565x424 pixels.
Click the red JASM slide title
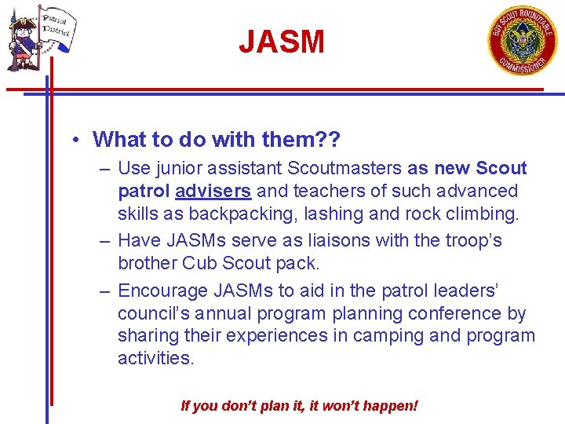(282, 42)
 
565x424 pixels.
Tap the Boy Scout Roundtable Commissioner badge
(522, 41)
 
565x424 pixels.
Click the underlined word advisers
(213, 191)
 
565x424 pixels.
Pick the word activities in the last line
(155, 358)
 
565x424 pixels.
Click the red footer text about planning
(299, 406)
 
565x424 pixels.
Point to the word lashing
(323, 214)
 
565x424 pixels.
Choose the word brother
(144, 263)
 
